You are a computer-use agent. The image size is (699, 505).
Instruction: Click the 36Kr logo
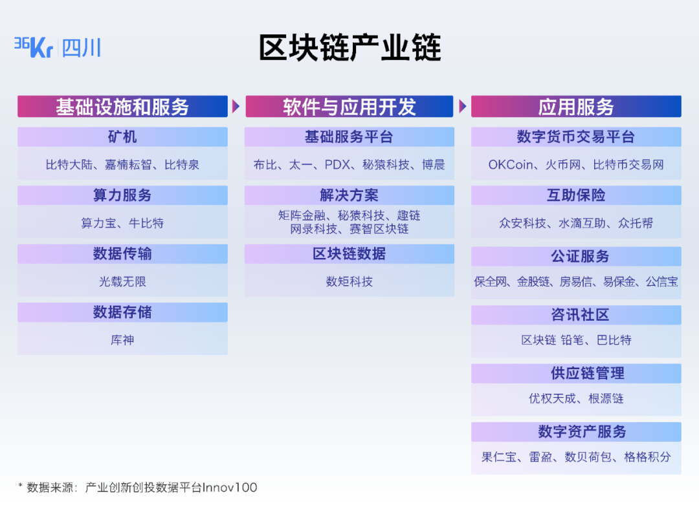pos(34,47)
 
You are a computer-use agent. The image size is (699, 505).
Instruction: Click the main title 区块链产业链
pos(349,48)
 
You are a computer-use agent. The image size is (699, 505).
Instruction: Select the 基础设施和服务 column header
pos(122,107)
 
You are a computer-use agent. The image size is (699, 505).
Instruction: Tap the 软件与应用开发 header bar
pos(349,107)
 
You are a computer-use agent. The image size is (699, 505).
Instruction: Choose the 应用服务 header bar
pos(575,107)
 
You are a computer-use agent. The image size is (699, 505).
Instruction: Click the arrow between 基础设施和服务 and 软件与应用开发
pos(236,106)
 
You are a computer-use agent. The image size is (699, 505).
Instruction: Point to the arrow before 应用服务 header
pos(462,106)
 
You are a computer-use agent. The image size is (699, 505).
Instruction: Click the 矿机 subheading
pos(122,137)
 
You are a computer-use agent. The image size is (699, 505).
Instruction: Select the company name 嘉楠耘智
pos(128,165)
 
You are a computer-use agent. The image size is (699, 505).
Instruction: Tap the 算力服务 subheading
pos(122,195)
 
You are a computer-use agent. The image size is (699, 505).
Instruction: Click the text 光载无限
pos(122,282)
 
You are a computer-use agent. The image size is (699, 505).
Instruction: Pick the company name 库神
pos(122,340)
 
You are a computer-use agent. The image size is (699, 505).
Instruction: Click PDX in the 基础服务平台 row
pos(337,165)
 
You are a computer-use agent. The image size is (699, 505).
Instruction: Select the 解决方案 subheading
pos(349,195)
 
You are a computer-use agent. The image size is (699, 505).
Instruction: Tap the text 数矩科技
pos(349,282)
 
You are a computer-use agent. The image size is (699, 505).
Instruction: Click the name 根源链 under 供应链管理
pos(606,398)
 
